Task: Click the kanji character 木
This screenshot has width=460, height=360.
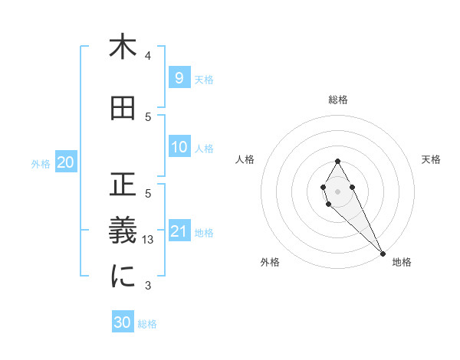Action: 123,47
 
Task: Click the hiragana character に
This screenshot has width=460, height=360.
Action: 123,277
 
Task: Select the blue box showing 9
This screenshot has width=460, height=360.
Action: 179,77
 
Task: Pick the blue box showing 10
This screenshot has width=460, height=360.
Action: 179,147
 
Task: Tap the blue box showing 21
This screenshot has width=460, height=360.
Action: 179,231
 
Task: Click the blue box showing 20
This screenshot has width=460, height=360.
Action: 66,162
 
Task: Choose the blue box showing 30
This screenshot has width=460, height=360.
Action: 123,322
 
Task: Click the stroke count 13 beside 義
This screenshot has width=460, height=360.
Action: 149,240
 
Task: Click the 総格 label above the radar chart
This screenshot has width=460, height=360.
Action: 338,100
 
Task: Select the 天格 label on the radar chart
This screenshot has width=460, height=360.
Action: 432,159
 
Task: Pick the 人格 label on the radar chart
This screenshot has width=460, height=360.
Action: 245,159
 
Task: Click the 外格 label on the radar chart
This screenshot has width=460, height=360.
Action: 270,262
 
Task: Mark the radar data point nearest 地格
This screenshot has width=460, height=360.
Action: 383,254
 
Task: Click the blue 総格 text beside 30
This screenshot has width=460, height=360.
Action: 147,324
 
